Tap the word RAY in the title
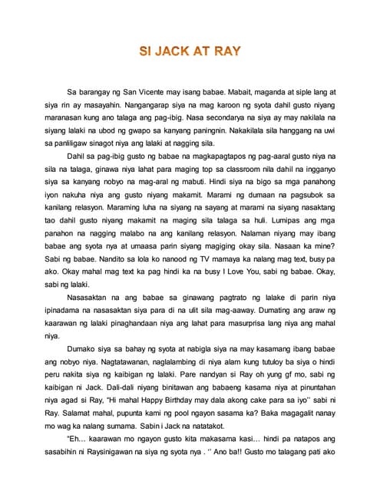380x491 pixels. [x=226, y=52]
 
